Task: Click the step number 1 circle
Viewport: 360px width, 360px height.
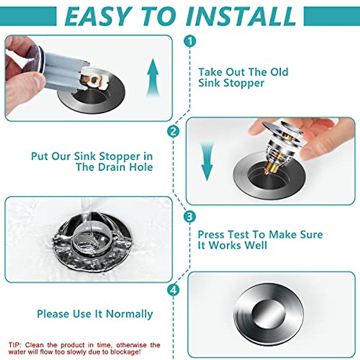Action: click(x=190, y=41)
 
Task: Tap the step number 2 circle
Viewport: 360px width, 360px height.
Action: click(x=173, y=131)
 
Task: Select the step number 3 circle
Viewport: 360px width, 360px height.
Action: click(x=190, y=216)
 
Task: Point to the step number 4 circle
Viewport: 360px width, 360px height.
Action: click(x=173, y=290)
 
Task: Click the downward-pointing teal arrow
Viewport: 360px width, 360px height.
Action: click(x=207, y=162)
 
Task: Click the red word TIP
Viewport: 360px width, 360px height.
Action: click(x=15, y=345)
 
